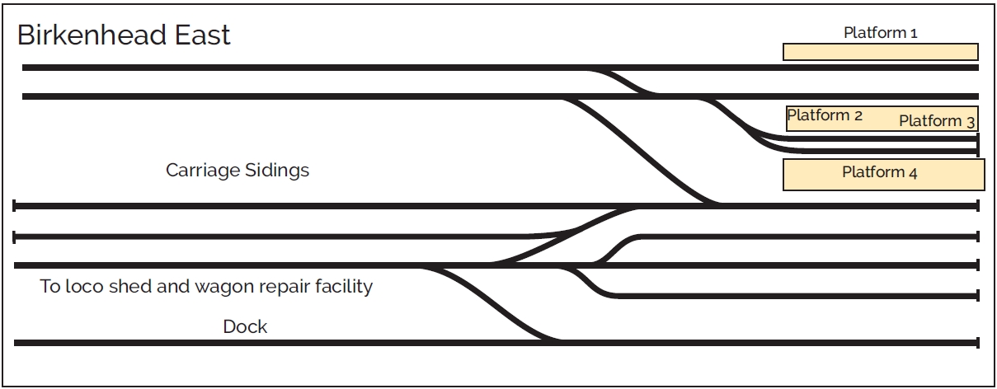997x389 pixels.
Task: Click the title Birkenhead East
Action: [124, 35]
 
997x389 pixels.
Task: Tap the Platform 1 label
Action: [880, 33]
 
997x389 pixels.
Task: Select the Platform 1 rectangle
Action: [880, 52]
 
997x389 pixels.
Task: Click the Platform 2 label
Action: [825, 115]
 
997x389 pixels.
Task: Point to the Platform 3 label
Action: [937, 121]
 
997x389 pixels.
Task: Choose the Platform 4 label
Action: [879, 172]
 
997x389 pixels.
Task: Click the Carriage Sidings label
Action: [237, 171]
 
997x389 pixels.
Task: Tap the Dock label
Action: [245, 326]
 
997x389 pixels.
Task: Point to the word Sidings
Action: [280, 171]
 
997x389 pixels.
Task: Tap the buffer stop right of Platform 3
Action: [978, 145]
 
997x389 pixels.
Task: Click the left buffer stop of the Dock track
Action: [15, 342]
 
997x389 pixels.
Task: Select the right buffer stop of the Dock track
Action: [977, 342]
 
